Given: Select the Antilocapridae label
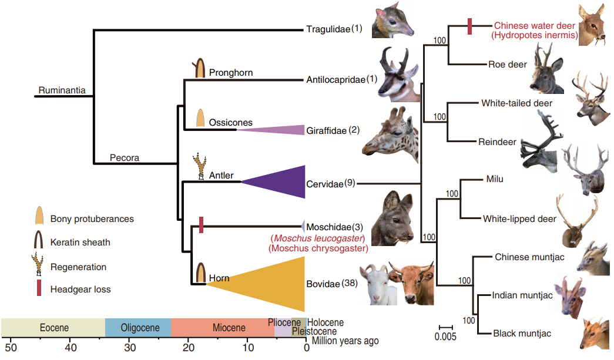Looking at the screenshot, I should pyautogui.click(x=335, y=79).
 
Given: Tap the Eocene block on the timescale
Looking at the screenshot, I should pyautogui.click(x=53, y=327).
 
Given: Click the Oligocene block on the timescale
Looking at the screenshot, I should pyautogui.click(x=139, y=327).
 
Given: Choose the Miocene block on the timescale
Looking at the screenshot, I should pyautogui.click(x=223, y=327).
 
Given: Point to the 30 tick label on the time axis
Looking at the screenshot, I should pyautogui.click(x=129, y=347).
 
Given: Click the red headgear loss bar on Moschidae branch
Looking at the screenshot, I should pyautogui.click(x=202, y=225).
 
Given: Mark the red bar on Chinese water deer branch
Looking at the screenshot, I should pyautogui.click(x=469, y=26).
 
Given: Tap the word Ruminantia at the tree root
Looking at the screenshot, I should pyautogui.click(x=62, y=90).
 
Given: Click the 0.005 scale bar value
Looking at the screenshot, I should pyautogui.click(x=446, y=337).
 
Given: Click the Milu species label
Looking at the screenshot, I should pyautogui.click(x=495, y=179).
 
